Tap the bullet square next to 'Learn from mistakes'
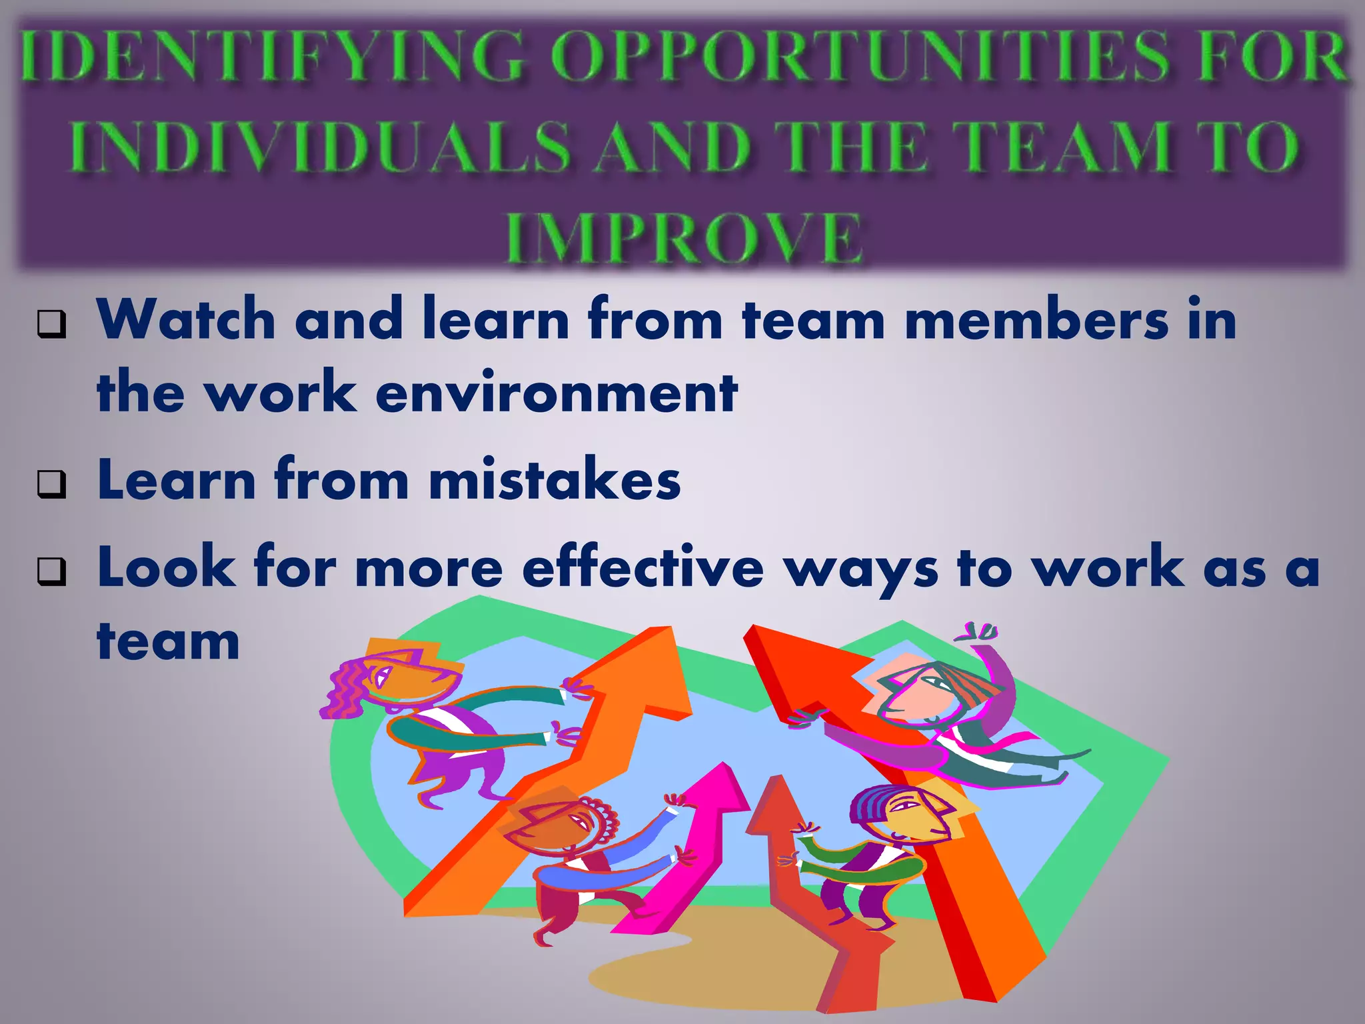coord(52,485)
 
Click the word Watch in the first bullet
coord(186,320)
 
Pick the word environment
coord(557,393)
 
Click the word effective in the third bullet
coord(643,568)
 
